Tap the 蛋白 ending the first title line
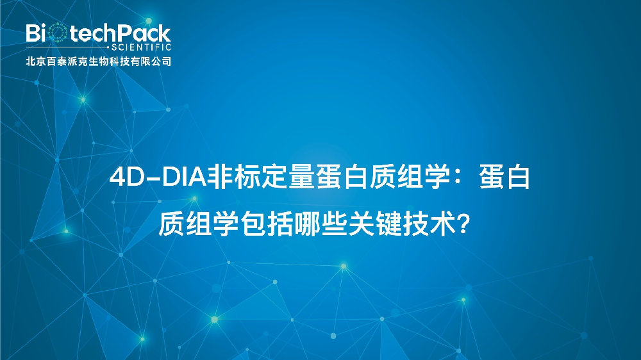(x=504, y=178)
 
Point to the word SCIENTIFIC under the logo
(x=142, y=48)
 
